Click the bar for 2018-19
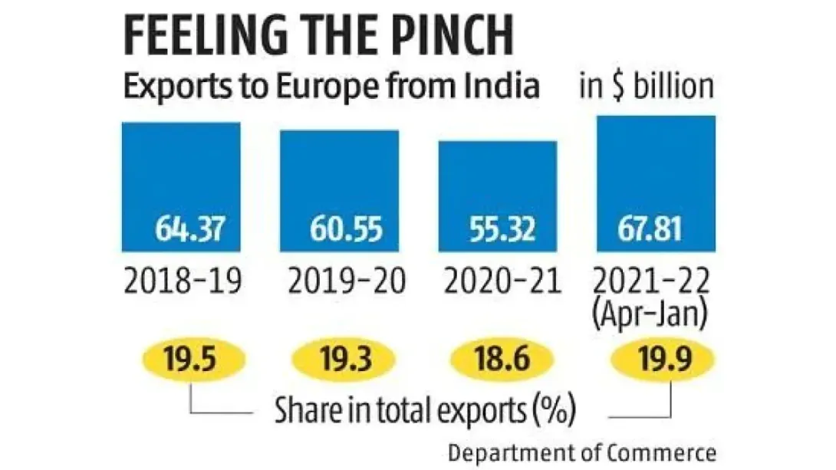click(x=181, y=184)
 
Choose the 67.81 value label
click(x=660, y=229)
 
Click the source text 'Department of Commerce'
click(x=582, y=452)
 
